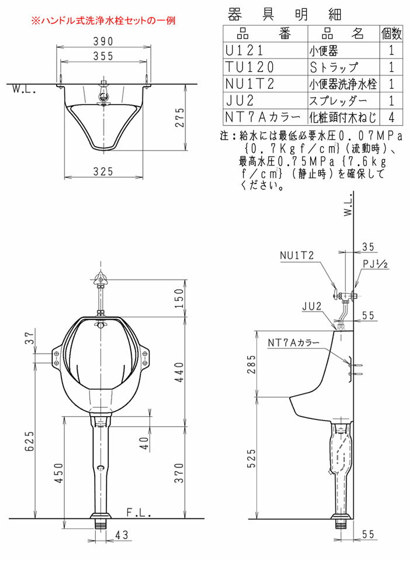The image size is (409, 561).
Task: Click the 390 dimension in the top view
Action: [103, 41]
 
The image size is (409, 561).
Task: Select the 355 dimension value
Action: [103, 56]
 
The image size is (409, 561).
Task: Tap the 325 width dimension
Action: [103, 171]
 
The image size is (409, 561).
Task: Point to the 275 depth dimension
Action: [180, 117]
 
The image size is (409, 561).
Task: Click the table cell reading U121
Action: [244, 50]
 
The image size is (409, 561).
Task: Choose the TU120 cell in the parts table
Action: [249, 67]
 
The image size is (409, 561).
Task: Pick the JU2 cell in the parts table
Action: [240, 101]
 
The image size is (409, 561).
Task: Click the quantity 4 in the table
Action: [391, 117]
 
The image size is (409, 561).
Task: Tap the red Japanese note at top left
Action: [103, 20]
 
